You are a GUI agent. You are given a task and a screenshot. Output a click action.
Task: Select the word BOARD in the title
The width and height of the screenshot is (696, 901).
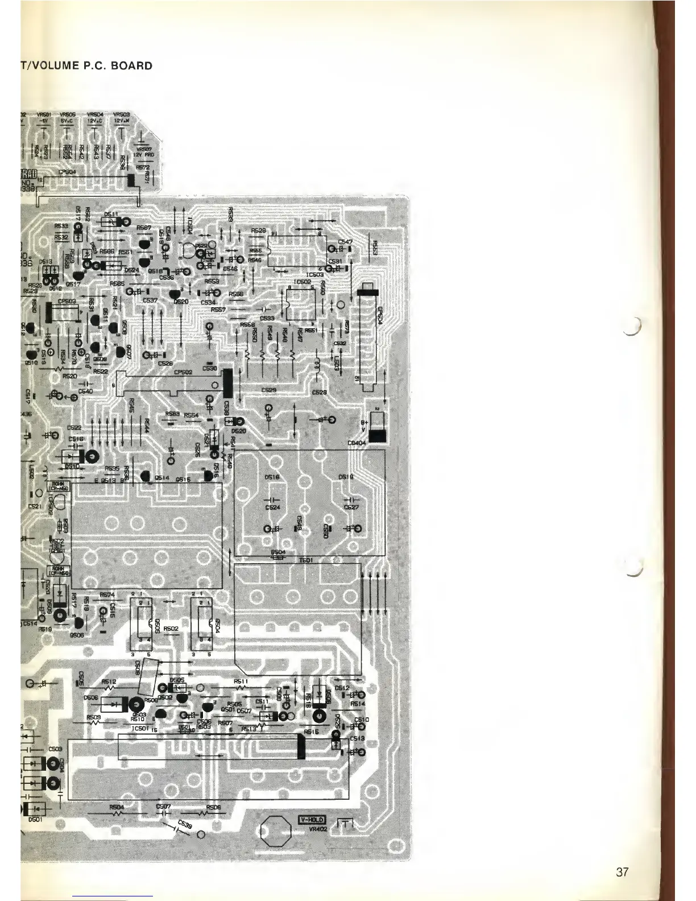132,65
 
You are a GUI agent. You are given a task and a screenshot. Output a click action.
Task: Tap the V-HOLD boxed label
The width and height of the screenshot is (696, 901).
312,820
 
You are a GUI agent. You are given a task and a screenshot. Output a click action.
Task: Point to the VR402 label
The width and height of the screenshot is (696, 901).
312,829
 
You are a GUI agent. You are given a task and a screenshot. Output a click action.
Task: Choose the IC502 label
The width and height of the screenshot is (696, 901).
301,282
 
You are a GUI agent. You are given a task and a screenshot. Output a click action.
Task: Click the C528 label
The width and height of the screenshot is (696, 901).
319,392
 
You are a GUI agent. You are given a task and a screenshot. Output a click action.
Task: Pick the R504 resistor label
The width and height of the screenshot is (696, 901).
116,807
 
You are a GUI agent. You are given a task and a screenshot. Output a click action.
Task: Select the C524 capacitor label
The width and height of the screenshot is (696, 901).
273,507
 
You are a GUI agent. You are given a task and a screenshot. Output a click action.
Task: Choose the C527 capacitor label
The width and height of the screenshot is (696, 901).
351,507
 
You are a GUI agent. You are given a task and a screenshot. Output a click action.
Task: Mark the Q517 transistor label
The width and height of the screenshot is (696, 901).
72,284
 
